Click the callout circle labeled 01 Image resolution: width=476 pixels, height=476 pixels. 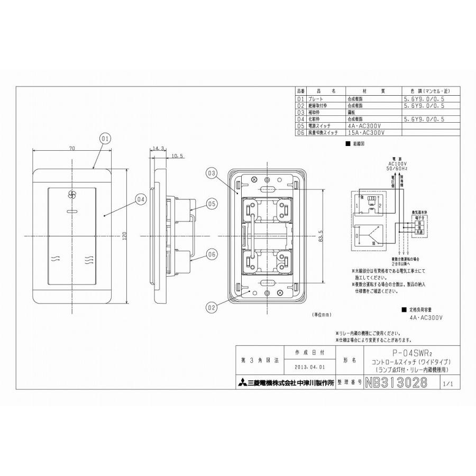[104, 138]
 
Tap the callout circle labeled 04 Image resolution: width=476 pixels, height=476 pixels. [140, 199]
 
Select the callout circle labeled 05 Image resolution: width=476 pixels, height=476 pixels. [210, 203]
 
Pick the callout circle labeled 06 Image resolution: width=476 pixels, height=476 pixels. [210, 254]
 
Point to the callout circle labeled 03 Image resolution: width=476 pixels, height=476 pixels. [212, 173]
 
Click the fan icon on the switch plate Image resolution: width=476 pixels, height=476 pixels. [73, 195]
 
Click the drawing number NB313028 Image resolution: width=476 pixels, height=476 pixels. [396, 383]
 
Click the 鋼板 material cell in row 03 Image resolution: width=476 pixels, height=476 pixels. [352, 113]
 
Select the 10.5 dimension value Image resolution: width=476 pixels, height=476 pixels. [177, 157]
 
